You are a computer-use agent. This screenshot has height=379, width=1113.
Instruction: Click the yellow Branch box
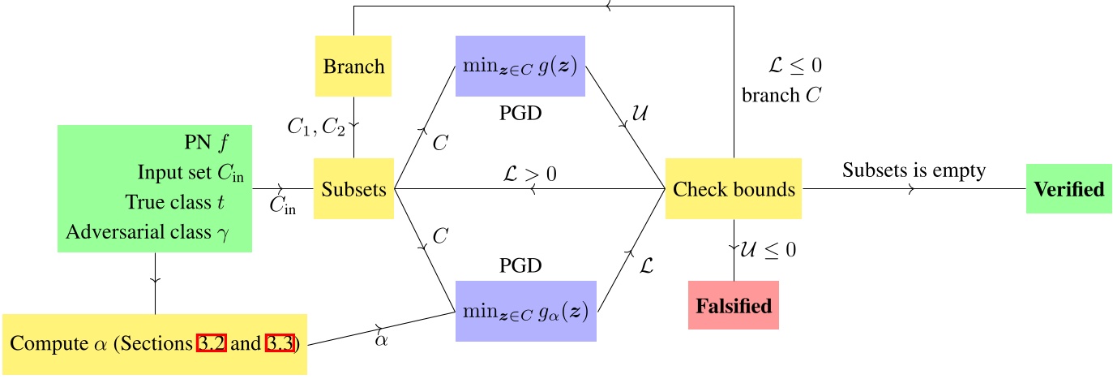point(353,66)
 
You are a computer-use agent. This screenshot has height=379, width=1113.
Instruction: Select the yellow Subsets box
point(353,189)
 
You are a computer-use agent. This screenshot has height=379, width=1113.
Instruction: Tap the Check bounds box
point(734,189)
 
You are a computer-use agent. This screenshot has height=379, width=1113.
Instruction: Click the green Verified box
point(1068,189)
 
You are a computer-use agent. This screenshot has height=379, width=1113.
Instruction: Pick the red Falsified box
point(733,305)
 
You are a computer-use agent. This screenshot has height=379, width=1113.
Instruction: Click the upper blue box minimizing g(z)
point(520,66)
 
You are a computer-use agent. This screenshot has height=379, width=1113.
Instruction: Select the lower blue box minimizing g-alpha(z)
point(526,311)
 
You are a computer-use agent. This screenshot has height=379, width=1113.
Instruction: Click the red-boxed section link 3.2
point(212,343)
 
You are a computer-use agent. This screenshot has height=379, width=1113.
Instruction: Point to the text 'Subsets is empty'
point(914,170)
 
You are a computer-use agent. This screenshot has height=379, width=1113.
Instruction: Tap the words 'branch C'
point(781,95)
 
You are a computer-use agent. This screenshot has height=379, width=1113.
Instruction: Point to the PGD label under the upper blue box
point(520,113)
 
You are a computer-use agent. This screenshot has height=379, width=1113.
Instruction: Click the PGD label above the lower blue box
point(520,265)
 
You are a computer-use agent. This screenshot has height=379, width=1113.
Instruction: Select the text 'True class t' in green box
point(184,201)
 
